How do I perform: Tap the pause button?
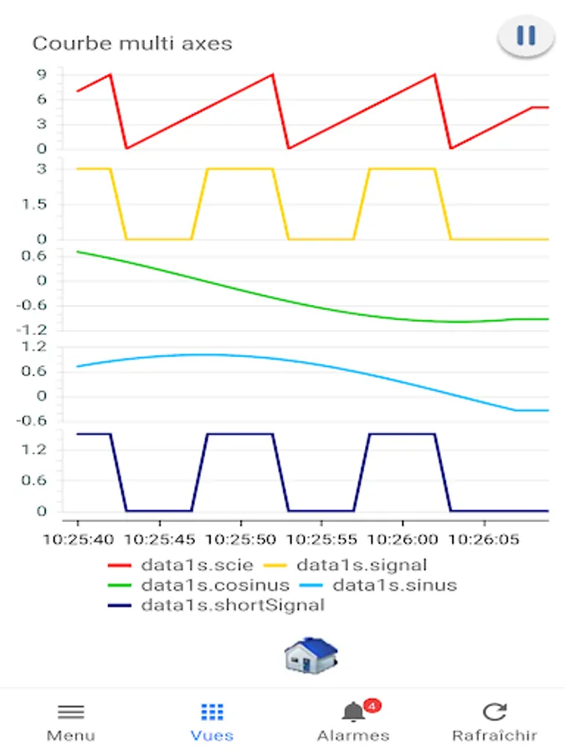pos(526,36)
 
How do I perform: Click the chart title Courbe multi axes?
pos(131,44)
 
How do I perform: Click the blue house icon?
pos(311,654)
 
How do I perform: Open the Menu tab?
pos(70,722)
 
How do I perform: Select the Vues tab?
pos(212,722)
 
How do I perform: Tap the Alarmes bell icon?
pos(353,713)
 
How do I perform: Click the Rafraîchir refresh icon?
pos(495,712)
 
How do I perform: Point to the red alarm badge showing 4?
pos(372,705)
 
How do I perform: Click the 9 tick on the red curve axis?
pos(40,75)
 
